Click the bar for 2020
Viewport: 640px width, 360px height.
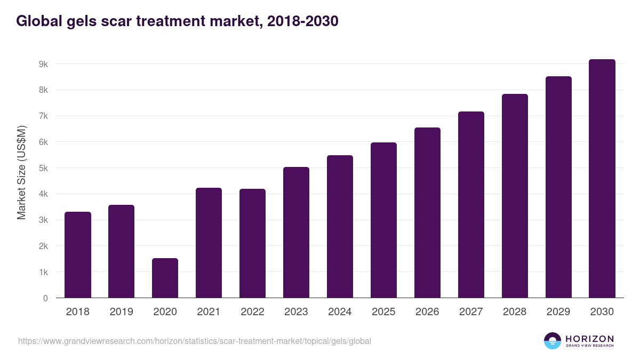pos(165,278)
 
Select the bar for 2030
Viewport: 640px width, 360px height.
pos(602,179)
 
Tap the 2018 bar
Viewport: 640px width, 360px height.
pos(78,255)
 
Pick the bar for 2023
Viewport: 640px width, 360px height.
pos(296,233)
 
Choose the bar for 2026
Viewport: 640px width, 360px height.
pos(427,213)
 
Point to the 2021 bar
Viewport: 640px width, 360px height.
pos(209,243)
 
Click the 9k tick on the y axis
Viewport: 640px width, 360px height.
pos(43,64)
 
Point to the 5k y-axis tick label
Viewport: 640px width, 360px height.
pos(43,168)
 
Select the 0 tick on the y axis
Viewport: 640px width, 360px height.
pos(45,298)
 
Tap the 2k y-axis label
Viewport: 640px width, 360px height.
pos(43,246)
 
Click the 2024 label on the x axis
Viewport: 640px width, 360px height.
pos(340,312)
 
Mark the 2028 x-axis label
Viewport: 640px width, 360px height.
pos(515,312)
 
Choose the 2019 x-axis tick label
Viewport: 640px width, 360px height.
pos(121,312)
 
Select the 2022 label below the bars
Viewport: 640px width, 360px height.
pos(252,312)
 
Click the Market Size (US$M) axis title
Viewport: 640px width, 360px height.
pos(21,172)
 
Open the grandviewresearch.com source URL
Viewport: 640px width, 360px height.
pos(194,341)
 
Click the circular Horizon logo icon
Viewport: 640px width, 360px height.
pos(552,341)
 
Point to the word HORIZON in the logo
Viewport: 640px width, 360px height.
pos(589,338)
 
